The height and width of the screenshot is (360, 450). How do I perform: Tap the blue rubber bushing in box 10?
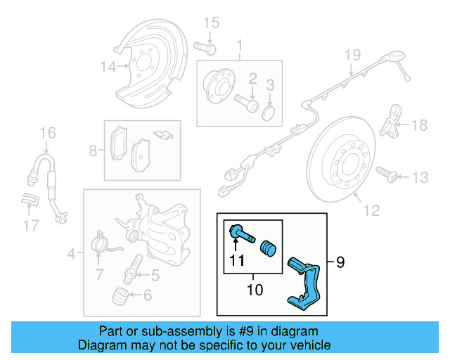[x=267, y=249]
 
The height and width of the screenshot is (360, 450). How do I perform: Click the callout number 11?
[x=236, y=262]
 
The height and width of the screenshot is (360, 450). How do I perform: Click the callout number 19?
[x=352, y=55]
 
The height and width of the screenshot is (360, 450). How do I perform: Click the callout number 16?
[x=47, y=133]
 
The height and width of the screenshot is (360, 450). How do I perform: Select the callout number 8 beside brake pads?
[x=94, y=150]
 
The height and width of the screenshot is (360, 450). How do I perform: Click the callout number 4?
[x=72, y=253]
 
